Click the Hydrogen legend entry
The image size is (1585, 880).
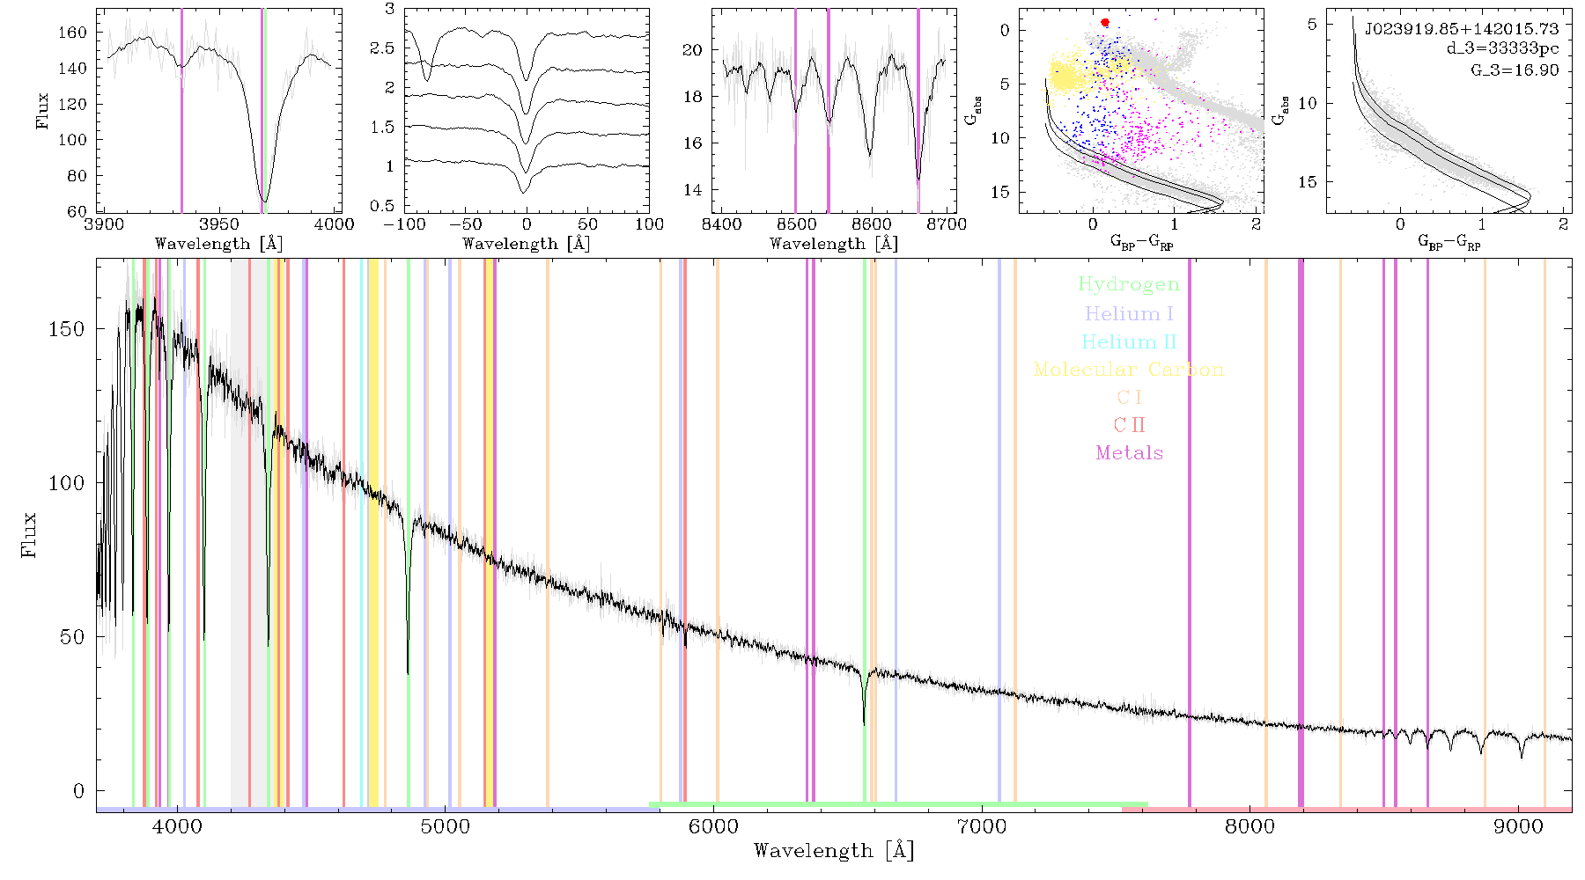pos(1128,284)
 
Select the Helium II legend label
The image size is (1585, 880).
pos(1129,341)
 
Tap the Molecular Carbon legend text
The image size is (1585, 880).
pos(1129,370)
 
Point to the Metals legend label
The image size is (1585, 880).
pos(1130,453)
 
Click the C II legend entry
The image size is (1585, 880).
pos(1129,425)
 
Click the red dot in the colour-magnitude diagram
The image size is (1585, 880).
pos(1105,22)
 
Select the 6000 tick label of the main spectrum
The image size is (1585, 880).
pos(713,827)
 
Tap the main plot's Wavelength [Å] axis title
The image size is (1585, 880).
pos(834,851)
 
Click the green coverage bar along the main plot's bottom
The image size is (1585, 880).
pos(898,804)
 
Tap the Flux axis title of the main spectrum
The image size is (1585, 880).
pos(29,533)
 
